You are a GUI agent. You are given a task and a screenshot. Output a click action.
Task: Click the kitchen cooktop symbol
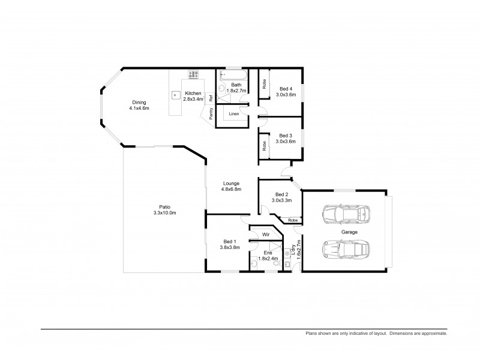(x=193, y=75)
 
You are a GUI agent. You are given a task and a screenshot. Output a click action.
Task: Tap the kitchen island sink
(x=176, y=94)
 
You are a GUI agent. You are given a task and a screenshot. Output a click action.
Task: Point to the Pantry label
(x=211, y=113)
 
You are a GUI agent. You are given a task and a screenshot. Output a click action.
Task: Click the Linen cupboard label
(x=234, y=113)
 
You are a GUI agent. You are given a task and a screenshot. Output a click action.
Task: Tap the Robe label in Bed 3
(x=263, y=145)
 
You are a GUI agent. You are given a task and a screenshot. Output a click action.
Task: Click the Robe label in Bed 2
(x=292, y=220)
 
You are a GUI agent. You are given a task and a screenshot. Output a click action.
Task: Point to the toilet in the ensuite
(x=276, y=262)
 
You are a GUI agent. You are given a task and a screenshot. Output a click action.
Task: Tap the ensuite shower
(x=275, y=248)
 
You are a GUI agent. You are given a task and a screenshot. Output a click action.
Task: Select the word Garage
(x=349, y=232)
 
